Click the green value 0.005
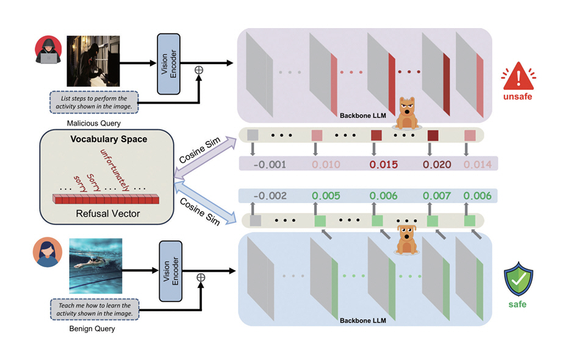(x=327, y=196)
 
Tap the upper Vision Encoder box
(x=168, y=62)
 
